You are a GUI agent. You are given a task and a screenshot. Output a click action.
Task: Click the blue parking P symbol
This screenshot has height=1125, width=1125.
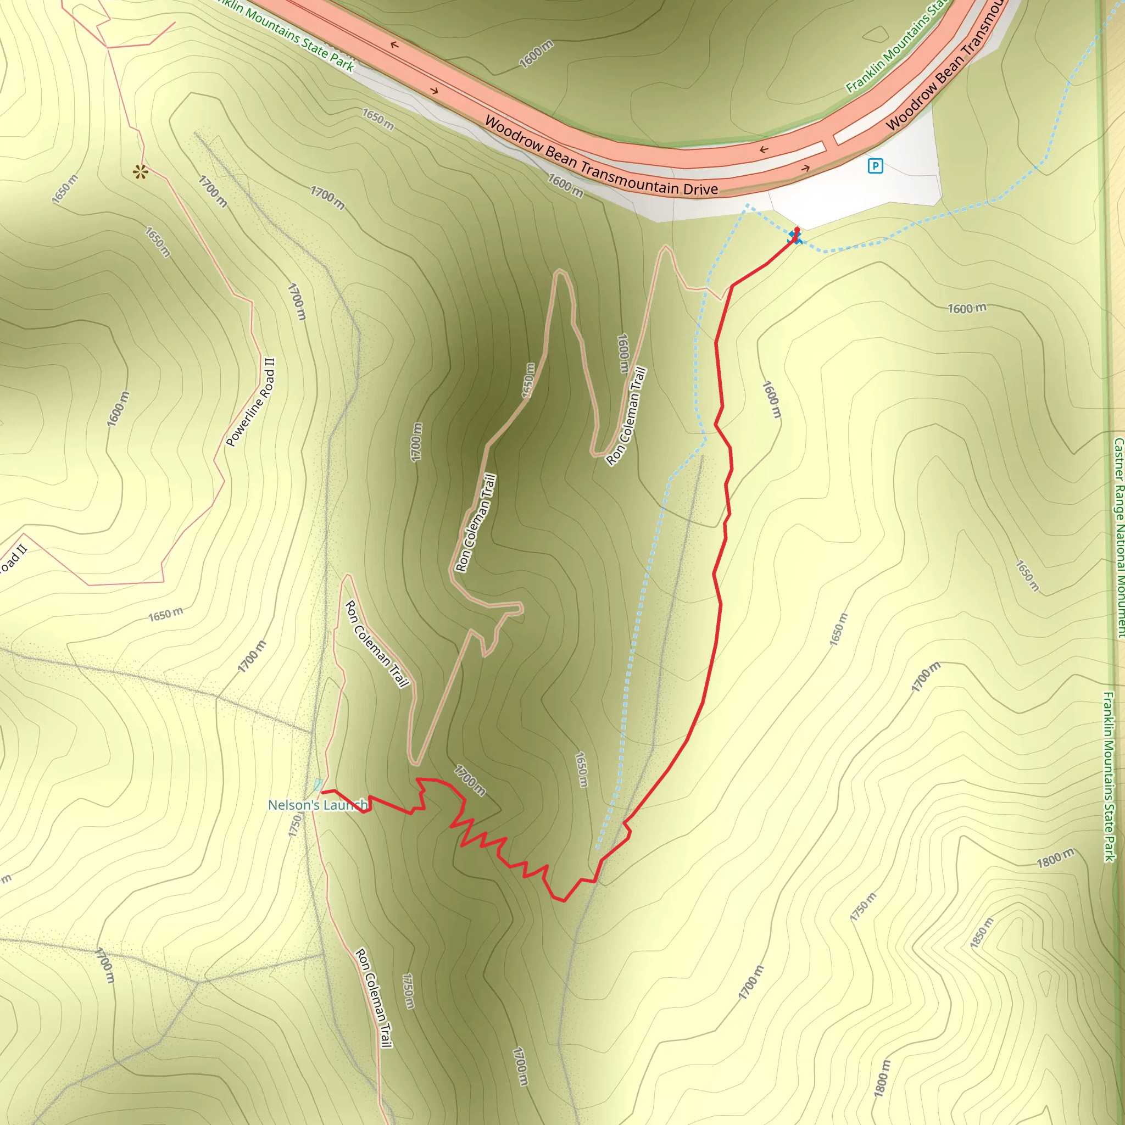point(875,166)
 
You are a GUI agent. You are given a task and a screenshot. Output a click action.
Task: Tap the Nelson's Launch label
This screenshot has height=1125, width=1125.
point(318,805)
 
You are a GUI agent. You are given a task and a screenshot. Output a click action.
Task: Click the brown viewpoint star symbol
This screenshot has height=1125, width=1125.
point(140,172)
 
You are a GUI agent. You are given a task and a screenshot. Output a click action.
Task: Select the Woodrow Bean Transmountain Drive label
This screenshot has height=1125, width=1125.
point(601,156)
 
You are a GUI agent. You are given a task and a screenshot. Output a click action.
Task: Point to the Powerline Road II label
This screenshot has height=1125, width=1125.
point(250,402)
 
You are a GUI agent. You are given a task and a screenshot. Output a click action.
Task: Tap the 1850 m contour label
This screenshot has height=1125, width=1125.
point(982,932)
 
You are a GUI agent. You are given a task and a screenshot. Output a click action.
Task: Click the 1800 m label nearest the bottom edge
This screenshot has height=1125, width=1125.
point(882,1078)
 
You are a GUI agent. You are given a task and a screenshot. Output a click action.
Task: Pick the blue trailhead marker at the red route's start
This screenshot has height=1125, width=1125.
point(795,237)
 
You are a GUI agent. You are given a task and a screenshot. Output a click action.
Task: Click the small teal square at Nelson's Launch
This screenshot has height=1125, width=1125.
point(318,785)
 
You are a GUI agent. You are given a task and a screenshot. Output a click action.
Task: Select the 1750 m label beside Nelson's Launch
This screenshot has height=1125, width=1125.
point(294,826)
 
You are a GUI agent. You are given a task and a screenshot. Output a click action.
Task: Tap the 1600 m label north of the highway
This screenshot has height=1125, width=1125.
point(536,55)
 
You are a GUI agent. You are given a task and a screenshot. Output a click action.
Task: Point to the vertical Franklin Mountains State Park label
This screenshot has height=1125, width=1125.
point(1109,776)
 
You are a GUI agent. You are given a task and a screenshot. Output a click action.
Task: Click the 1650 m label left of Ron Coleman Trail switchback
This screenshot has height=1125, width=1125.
point(528,381)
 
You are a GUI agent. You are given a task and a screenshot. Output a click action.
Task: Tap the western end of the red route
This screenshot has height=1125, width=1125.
point(323,792)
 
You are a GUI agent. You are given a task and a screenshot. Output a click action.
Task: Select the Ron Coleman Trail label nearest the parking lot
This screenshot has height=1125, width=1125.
point(627,416)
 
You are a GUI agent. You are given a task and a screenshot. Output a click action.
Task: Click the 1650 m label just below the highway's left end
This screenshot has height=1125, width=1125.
point(378,119)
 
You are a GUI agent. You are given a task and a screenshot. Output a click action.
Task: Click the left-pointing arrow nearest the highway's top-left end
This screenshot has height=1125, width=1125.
point(394,45)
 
